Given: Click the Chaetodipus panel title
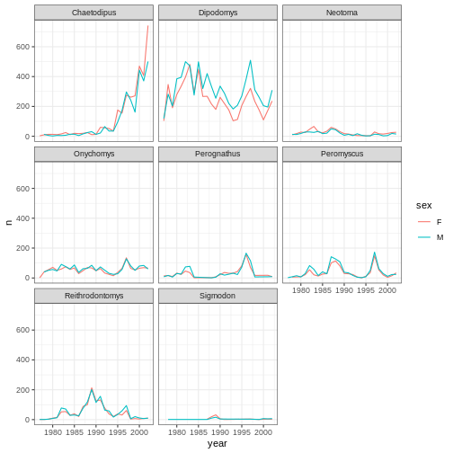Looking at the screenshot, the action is tap(93, 13).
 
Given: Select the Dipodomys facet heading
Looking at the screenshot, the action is tap(218, 13).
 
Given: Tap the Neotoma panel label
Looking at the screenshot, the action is tap(342, 13).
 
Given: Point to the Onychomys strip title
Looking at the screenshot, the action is tap(93, 154).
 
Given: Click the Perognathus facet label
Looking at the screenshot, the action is tap(218, 154).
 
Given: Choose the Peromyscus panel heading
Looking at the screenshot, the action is tap(342, 154).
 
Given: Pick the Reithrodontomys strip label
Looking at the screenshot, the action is tap(93, 296).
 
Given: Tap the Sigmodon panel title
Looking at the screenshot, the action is tap(218, 296).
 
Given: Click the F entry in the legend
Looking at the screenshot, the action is tap(440, 222).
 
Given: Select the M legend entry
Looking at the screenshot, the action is tap(440, 237).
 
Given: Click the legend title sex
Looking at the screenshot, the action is tap(424, 206).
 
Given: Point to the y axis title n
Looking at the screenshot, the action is tap(9, 222).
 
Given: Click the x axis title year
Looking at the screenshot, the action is tap(218, 444).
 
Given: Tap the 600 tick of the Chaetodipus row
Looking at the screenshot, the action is tap(22, 47).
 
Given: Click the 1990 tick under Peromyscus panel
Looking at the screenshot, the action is tap(344, 290).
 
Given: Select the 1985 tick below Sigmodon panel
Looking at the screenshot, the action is tap(199, 432).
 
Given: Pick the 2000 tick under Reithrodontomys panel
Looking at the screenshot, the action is tap(139, 432).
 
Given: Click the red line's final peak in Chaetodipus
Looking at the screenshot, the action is tap(147, 26).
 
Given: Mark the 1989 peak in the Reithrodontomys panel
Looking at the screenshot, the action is tap(92, 388).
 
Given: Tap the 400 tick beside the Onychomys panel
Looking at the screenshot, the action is tap(22, 218).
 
